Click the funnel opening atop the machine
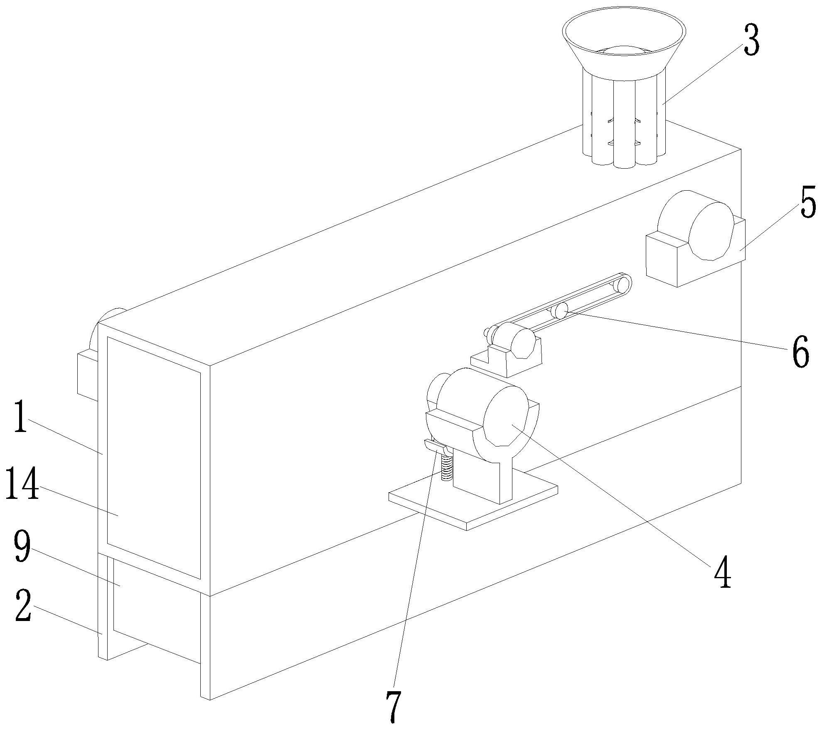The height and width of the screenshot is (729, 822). coord(623,37)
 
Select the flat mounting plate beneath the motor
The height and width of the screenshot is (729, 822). coord(474,503)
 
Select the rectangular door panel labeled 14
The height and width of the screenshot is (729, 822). coord(154,457)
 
